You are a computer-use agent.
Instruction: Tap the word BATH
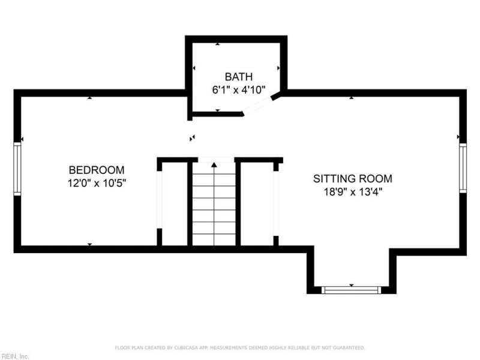239,77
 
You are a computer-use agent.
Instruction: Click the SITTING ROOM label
353,178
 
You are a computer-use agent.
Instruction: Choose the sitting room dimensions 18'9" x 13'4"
353,192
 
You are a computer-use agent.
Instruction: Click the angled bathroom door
258,105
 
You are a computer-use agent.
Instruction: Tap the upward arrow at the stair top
214,164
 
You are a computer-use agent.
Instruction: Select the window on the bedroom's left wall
17,169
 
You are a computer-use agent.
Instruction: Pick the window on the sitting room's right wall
463,169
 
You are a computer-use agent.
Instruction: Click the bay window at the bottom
351,290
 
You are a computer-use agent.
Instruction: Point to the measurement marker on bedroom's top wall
89,97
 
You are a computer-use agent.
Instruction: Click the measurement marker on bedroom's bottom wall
89,244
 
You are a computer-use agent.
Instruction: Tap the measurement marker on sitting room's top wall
351,97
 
